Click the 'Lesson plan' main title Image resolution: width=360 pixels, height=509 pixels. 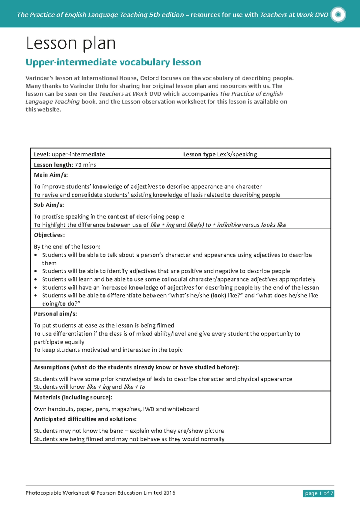[71, 44]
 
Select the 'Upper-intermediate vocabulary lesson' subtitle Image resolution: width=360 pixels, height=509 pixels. [113, 62]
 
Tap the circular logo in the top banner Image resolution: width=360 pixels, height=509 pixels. [338, 14]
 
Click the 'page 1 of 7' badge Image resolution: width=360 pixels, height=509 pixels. [319, 493]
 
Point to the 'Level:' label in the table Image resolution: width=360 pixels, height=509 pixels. [42, 154]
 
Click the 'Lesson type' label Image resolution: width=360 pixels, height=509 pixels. [199, 154]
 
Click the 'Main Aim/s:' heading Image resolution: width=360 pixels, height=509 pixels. [51, 175]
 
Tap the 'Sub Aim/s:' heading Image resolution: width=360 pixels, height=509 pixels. [49, 205]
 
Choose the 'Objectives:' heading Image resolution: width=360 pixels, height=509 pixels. [49, 235]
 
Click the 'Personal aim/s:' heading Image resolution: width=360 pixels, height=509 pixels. [55, 314]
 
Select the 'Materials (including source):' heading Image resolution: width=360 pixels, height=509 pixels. [73, 397]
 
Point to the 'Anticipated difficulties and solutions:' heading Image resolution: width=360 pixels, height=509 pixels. [85, 419]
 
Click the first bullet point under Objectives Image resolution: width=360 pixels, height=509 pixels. [36, 255]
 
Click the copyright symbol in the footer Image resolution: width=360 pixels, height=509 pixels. [93, 493]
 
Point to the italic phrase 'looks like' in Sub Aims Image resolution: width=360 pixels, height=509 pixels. [273, 225]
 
